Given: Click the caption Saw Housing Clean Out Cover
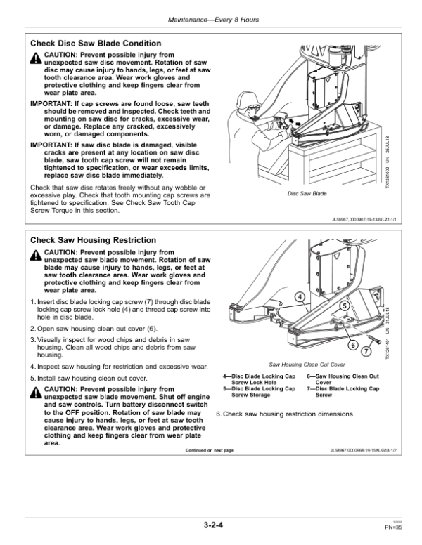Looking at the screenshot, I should tap(307, 365).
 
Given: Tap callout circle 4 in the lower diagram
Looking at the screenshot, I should tap(300, 296).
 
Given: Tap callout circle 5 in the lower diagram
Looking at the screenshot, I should tap(344, 306).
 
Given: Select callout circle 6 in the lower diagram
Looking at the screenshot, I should tap(353, 344).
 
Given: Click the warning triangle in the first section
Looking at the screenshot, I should tap(36, 57).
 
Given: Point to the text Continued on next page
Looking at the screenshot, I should tap(209, 450).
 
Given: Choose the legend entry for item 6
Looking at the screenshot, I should tap(343, 380).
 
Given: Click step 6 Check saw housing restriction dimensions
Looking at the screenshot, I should tap(285, 414).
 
